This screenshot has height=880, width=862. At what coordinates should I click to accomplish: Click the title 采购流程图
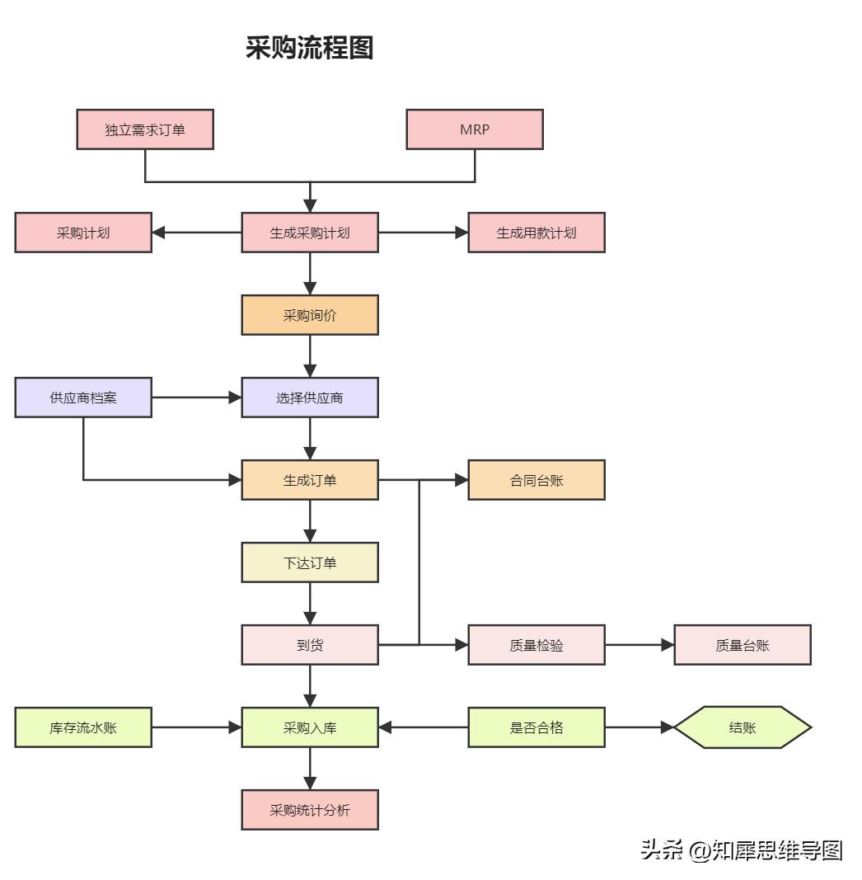click(x=309, y=48)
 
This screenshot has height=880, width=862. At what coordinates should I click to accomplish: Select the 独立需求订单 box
click(x=145, y=129)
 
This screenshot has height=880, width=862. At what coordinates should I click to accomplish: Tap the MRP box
click(x=475, y=129)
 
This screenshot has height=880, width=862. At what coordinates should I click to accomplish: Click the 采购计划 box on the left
click(x=83, y=233)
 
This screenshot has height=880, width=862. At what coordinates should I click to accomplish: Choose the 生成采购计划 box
click(x=310, y=233)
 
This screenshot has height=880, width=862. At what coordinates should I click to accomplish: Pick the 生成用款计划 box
click(x=536, y=233)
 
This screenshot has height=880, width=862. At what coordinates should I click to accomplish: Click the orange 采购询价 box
click(x=310, y=315)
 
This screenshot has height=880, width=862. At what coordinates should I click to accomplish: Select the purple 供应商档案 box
click(x=83, y=398)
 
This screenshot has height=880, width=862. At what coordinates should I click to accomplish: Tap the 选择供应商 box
click(x=310, y=398)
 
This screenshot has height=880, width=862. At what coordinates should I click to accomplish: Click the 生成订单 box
click(x=310, y=480)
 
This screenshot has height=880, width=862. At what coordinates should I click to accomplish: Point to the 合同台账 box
click(x=536, y=480)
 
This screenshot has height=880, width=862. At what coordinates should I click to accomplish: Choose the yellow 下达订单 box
click(x=310, y=562)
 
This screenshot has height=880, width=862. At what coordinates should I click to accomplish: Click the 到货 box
click(x=310, y=645)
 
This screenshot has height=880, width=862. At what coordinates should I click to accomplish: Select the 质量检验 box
click(x=536, y=645)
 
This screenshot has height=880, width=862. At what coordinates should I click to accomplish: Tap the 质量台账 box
click(x=743, y=645)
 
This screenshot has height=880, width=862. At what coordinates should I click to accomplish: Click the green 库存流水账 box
click(x=83, y=727)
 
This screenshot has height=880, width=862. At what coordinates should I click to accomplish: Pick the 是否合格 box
click(x=536, y=727)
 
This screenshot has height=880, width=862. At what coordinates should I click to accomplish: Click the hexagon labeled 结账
click(x=743, y=727)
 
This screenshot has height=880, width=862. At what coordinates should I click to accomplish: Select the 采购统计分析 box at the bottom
click(x=310, y=810)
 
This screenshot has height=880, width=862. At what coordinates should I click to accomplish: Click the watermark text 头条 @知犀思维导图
click(x=742, y=850)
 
